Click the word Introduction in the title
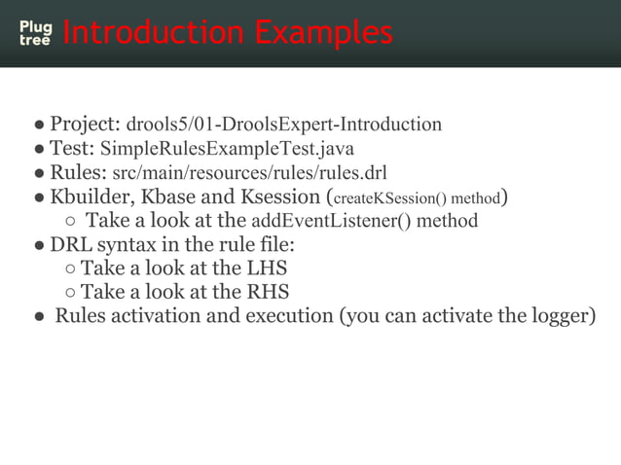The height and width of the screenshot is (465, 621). click(151, 33)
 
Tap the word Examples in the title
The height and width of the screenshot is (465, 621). click(320, 33)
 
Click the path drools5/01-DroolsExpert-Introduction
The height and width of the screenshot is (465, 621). click(284, 125)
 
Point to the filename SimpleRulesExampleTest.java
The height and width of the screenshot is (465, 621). click(228, 149)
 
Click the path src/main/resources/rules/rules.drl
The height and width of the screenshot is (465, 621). click(250, 173)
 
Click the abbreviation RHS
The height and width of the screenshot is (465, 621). click(269, 292)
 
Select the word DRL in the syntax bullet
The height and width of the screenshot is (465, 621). click(70, 244)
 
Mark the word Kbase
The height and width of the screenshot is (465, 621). click(171, 197)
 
